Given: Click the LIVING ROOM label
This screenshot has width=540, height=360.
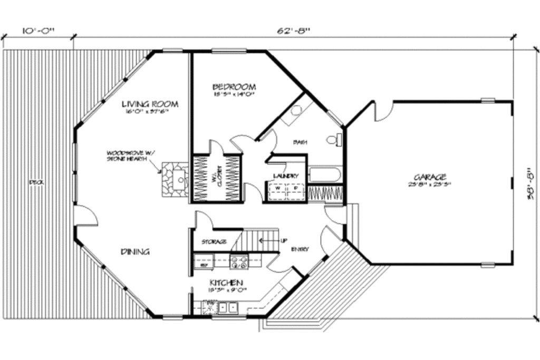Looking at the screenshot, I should pos(150,104).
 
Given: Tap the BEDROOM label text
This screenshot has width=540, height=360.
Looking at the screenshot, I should pos(234,86).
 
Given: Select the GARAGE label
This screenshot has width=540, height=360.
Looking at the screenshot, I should pos(430,177).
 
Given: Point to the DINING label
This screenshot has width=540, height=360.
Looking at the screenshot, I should pos(135,251).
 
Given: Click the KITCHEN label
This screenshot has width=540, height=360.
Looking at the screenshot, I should pos(226,283).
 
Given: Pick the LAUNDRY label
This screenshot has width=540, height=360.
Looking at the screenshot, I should pos(286,176).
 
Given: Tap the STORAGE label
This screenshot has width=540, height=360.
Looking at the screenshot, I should pos(214,242).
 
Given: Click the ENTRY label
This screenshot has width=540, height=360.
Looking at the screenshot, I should pos(300,249).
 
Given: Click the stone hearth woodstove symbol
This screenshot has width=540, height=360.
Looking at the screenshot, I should pos(175,179).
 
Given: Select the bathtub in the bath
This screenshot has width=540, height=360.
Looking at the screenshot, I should pos(325,174).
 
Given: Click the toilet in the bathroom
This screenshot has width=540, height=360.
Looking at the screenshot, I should pos(334,140).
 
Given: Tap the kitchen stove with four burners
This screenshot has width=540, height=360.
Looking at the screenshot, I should pos(239,260).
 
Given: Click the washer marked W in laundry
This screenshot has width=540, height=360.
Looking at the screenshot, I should pos(277,188).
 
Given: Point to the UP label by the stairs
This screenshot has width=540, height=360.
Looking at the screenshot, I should pos(283,241).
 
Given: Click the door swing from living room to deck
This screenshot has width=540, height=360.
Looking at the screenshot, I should pos(85,216).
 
